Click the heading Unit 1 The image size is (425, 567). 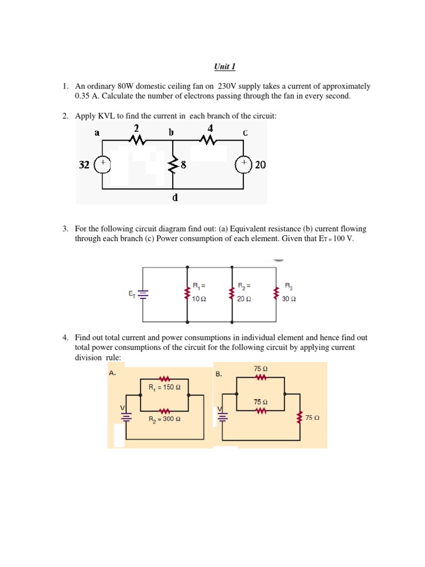(225, 67)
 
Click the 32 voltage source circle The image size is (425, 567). (102, 164)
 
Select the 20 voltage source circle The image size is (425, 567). (243, 164)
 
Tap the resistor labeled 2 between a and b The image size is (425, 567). (136, 141)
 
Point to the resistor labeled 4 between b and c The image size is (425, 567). (209, 141)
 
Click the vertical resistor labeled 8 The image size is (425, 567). (173, 164)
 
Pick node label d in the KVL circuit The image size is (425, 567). (175, 197)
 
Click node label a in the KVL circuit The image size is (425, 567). (97, 133)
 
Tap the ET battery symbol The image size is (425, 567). (143, 295)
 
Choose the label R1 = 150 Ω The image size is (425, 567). (165, 387)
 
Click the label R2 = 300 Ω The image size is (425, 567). (165, 420)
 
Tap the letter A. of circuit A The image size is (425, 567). (112, 373)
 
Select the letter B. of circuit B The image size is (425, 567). (219, 374)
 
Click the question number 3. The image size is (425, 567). (65, 229)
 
